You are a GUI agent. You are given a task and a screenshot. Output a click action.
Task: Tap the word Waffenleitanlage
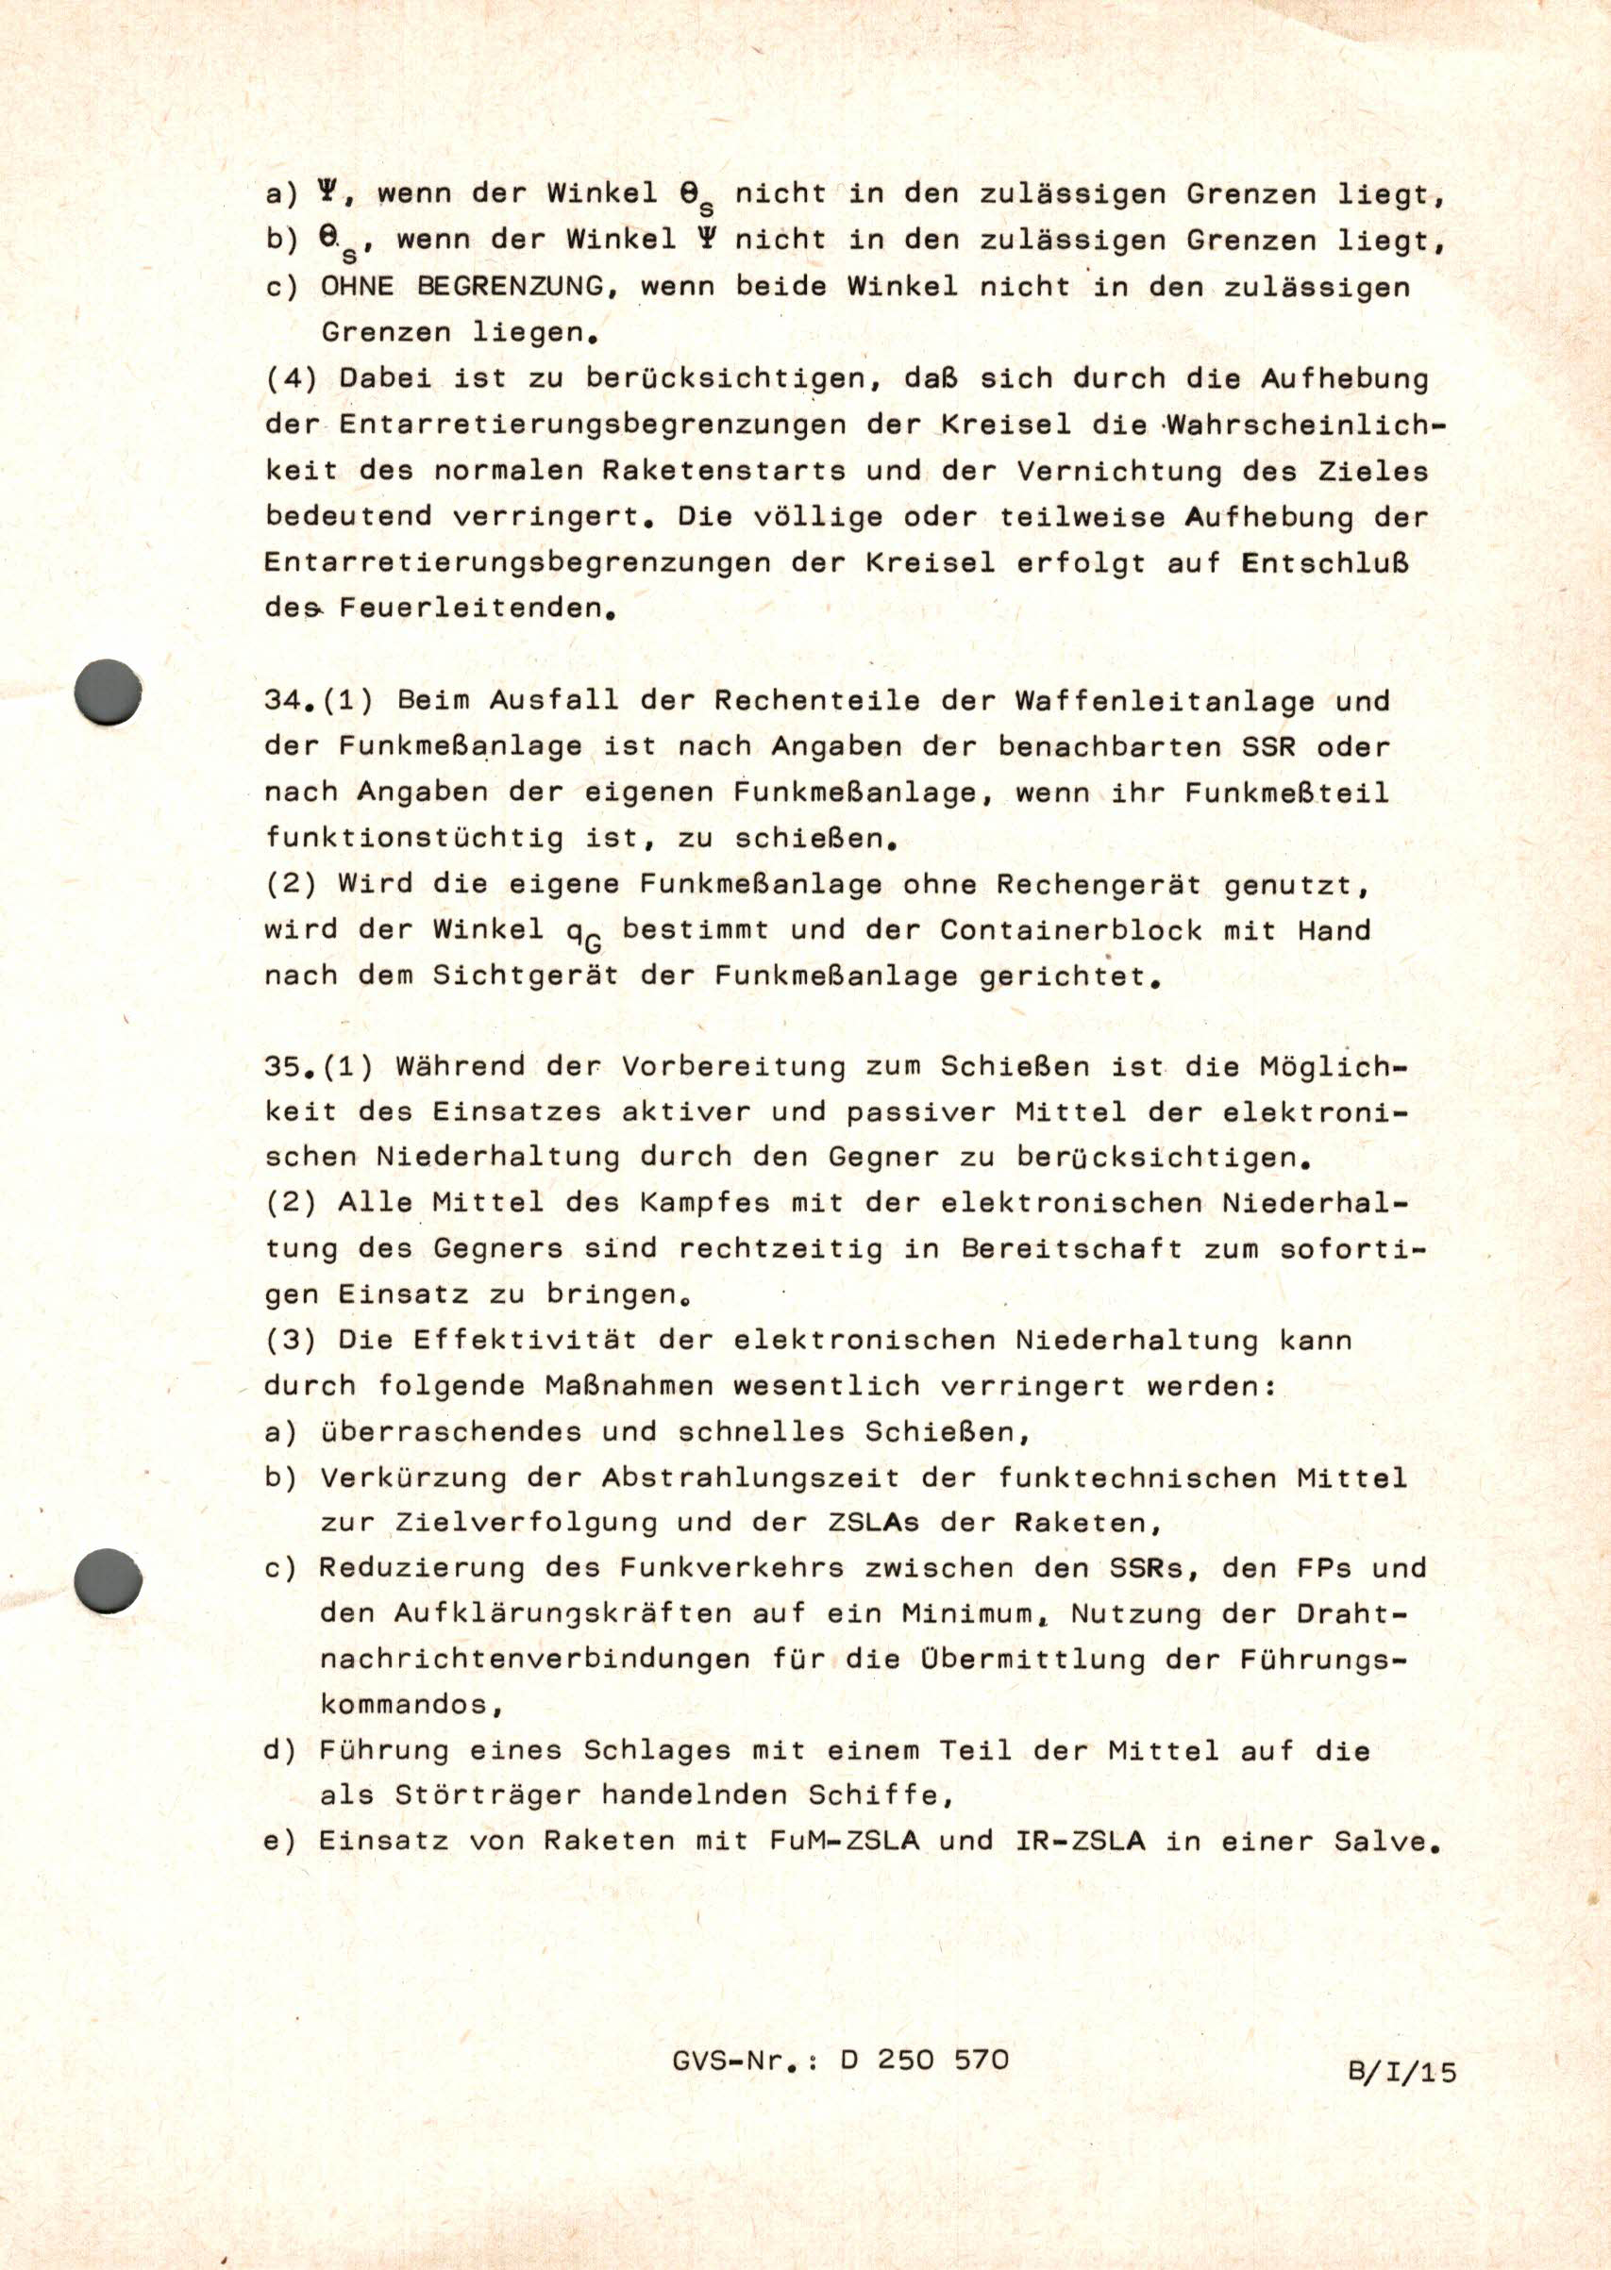click(x=1165, y=700)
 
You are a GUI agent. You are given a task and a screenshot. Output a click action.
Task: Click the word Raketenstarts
click(x=723, y=470)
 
